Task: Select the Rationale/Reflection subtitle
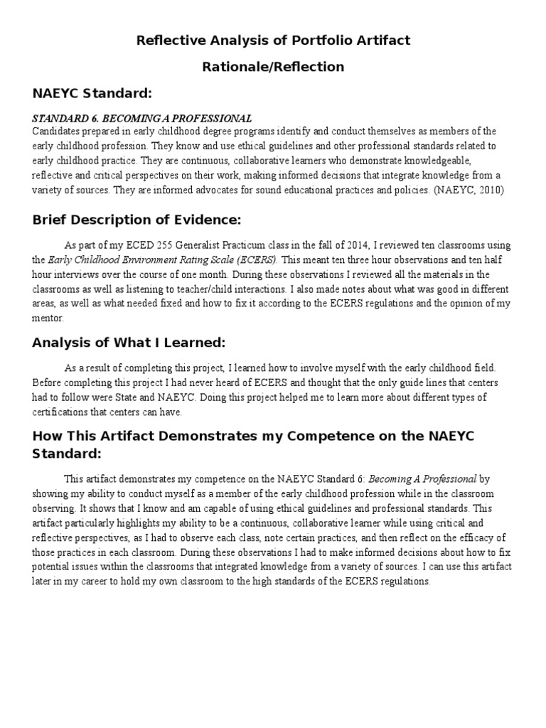(273, 67)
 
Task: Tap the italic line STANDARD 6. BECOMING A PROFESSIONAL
(142, 118)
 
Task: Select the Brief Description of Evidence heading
(137, 220)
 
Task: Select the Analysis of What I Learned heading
(129, 343)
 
